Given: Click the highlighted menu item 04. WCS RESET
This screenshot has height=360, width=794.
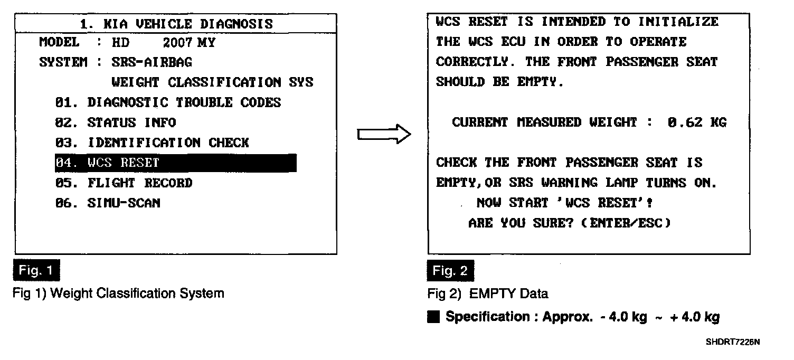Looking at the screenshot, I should click(x=175, y=163).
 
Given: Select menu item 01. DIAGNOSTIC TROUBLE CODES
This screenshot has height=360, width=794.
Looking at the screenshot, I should click(x=168, y=102).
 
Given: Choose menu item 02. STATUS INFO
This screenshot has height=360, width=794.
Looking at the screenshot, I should click(x=115, y=122).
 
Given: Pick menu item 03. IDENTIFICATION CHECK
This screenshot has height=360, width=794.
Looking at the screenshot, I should click(x=152, y=143).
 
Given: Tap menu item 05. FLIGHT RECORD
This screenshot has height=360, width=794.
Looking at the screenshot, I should click(x=124, y=183).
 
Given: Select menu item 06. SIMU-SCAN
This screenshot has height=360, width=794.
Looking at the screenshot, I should click(x=107, y=203).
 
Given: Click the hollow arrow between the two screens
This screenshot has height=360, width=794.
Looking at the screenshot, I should click(x=384, y=135).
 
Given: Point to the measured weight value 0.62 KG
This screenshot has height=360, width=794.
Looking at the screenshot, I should click(x=696, y=123).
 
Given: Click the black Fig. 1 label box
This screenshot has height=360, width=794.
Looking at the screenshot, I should click(x=36, y=271).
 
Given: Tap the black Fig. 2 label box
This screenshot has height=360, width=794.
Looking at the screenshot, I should click(x=450, y=271).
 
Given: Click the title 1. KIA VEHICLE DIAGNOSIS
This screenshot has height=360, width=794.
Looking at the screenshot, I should click(x=176, y=24).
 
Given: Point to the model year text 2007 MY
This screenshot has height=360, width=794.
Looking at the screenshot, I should click(x=193, y=43).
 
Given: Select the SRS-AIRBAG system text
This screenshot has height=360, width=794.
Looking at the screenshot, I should click(x=152, y=62).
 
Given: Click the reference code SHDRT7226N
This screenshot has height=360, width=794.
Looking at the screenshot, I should click(x=732, y=342).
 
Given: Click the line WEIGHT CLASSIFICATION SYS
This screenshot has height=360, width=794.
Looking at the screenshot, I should click(x=212, y=82).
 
